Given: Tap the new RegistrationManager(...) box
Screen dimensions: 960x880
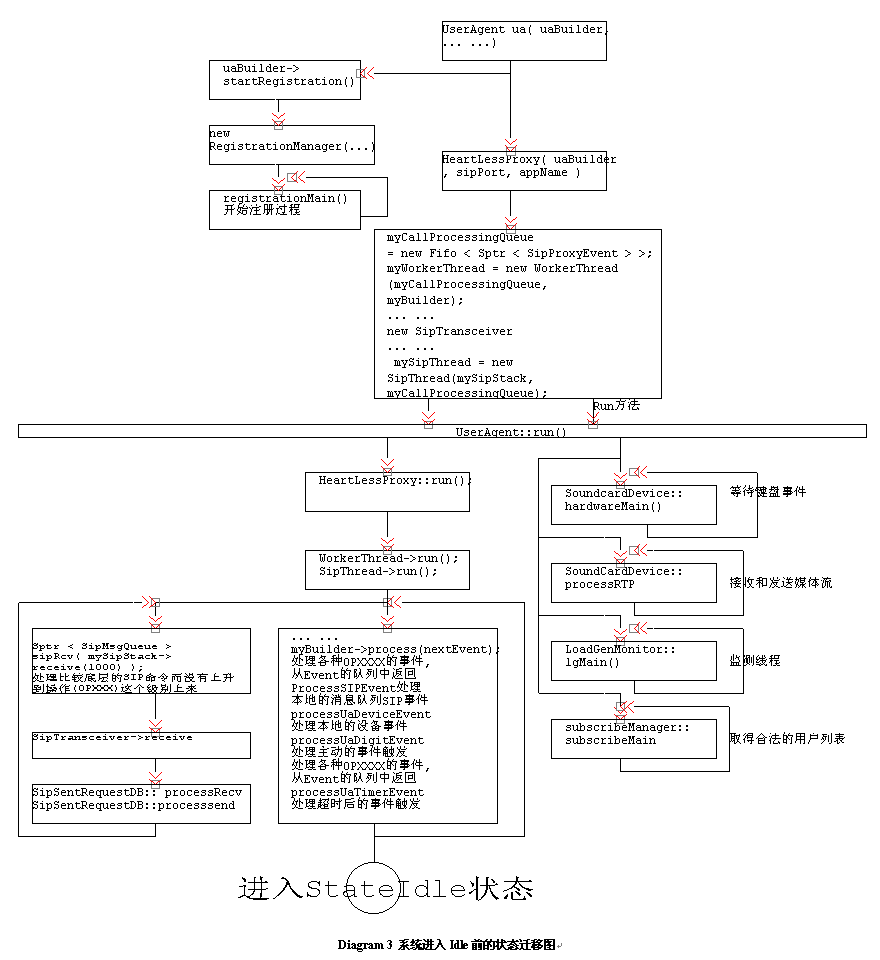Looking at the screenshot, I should click(x=291, y=144).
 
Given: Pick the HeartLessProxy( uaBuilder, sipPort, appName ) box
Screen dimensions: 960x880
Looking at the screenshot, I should click(x=524, y=170).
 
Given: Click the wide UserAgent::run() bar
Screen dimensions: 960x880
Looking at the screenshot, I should click(x=442, y=431).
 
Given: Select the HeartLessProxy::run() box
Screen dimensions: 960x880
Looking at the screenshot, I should click(x=387, y=492).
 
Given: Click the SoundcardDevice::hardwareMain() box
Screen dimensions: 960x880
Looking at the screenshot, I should click(x=634, y=504).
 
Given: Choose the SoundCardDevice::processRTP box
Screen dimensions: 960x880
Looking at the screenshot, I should click(x=634, y=582).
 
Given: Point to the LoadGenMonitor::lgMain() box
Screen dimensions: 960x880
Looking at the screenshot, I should click(x=634, y=660).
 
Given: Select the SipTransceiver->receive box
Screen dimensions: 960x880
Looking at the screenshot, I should click(x=154, y=744).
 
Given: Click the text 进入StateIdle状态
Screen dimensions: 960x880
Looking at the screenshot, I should click(x=385, y=889).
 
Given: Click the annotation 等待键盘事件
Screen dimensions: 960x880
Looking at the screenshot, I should click(x=768, y=492).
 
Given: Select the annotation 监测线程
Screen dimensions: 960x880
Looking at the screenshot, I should click(x=755, y=661).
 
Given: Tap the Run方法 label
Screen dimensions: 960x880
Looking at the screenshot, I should click(x=616, y=406).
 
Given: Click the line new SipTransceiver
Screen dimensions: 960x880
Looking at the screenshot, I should click(x=449, y=331).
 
